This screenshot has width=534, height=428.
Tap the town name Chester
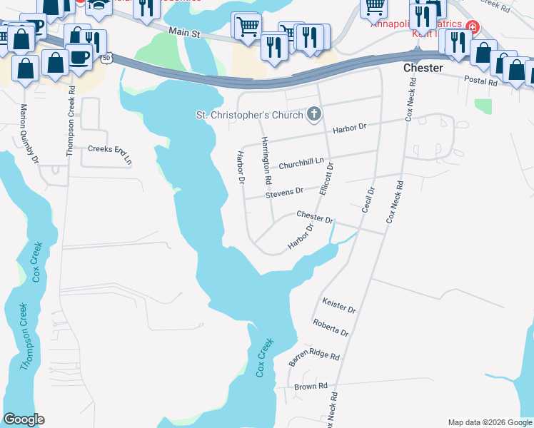pyautogui.click(x=423, y=68)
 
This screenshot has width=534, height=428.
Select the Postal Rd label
pyautogui.click(x=480, y=81)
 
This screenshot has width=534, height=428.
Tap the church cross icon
pyautogui.click(x=313, y=113)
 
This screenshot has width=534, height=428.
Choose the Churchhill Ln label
pyautogui.click(x=301, y=163)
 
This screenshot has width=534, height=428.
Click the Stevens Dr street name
pyautogui.click(x=284, y=193)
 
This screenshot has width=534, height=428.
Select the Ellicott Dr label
pyautogui.click(x=327, y=179)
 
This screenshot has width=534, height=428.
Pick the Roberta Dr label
pyautogui.click(x=330, y=328)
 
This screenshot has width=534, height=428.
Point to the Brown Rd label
pyautogui.click(x=311, y=386)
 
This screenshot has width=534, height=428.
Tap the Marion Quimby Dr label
pyautogui.click(x=29, y=133)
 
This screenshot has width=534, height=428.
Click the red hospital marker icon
pyautogui.click(x=471, y=28)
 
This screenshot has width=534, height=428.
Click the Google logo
pyautogui.click(x=24, y=419)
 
